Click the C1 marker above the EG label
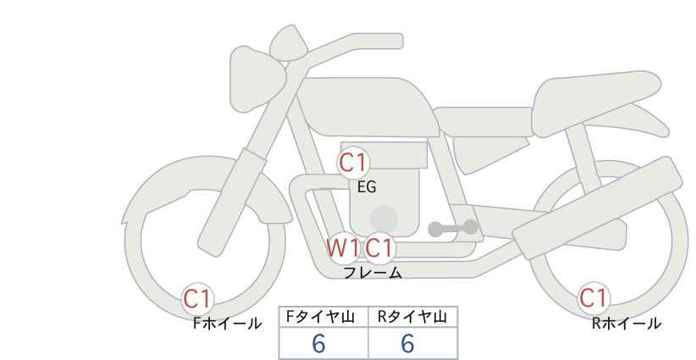pos(353,163)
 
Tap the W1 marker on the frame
pos(343,247)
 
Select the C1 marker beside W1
pos(379,247)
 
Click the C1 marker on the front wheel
pos(197,298)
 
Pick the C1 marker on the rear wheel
pos(593,298)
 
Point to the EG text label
pos(367,187)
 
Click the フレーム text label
pos(373,273)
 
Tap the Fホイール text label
pos(227,324)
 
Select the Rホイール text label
pos(627,324)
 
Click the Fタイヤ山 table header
pos(320,317)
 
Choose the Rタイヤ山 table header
pos(412,317)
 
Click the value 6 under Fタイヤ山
pos(318,343)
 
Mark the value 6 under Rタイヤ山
pos(407,343)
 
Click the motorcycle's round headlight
pos(257,79)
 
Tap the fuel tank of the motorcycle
pos(367,107)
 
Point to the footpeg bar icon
pos(453,228)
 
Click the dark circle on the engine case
pos(384,219)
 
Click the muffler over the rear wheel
pos(598,208)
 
